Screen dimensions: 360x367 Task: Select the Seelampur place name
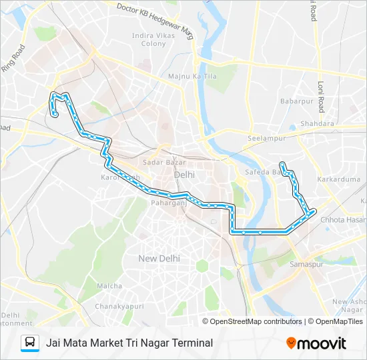266,138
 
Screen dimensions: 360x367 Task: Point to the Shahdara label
317,124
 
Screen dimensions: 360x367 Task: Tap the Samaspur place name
306,265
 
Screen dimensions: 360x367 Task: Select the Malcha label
109,286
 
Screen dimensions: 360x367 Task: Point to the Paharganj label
165,203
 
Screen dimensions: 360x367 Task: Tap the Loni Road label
320,97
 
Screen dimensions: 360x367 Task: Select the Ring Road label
13,57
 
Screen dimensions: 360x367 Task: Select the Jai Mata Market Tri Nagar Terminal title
129,343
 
